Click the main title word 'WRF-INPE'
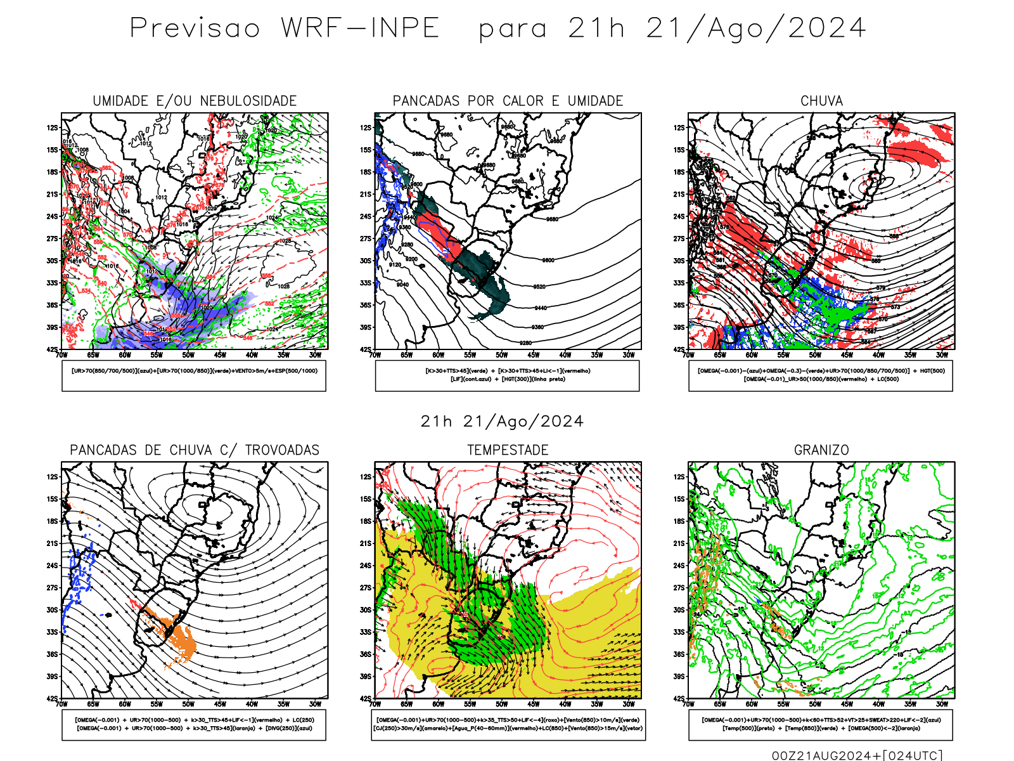[x=360, y=29]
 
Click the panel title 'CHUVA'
[x=821, y=101]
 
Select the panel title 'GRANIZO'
[x=821, y=450]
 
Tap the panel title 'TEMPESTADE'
[x=508, y=450]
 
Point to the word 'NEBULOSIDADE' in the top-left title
[x=248, y=101]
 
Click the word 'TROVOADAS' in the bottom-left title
[x=282, y=450]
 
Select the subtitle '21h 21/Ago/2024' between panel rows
[x=502, y=422]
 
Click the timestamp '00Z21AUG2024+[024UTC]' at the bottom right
[x=857, y=755]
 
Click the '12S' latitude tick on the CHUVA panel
[x=679, y=128]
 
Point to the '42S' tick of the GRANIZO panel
[x=679, y=699]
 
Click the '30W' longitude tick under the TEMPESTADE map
[x=628, y=704]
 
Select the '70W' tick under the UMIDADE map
[x=61, y=355]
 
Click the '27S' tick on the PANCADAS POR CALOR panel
[x=366, y=239]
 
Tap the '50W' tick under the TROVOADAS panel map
[x=188, y=704]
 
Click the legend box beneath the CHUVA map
[x=821, y=375]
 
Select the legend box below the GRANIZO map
[x=821, y=724]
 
